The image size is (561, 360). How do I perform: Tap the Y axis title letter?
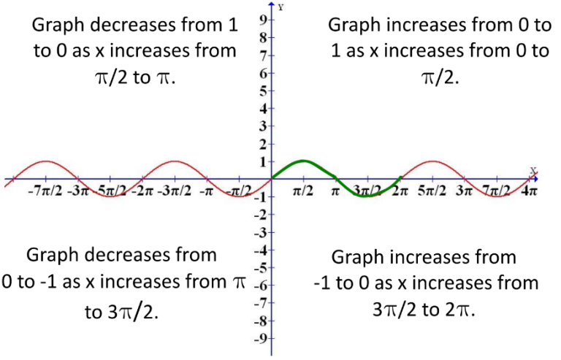(x=280, y=7)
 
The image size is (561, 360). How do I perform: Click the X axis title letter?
(x=533, y=171)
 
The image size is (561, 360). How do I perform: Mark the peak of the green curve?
(x=303, y=161)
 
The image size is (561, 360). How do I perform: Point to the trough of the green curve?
(x=367, y=196)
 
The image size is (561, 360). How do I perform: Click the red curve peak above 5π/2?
(x=432, y=161)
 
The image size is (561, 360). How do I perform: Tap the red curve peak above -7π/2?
(x=45, y=161)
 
